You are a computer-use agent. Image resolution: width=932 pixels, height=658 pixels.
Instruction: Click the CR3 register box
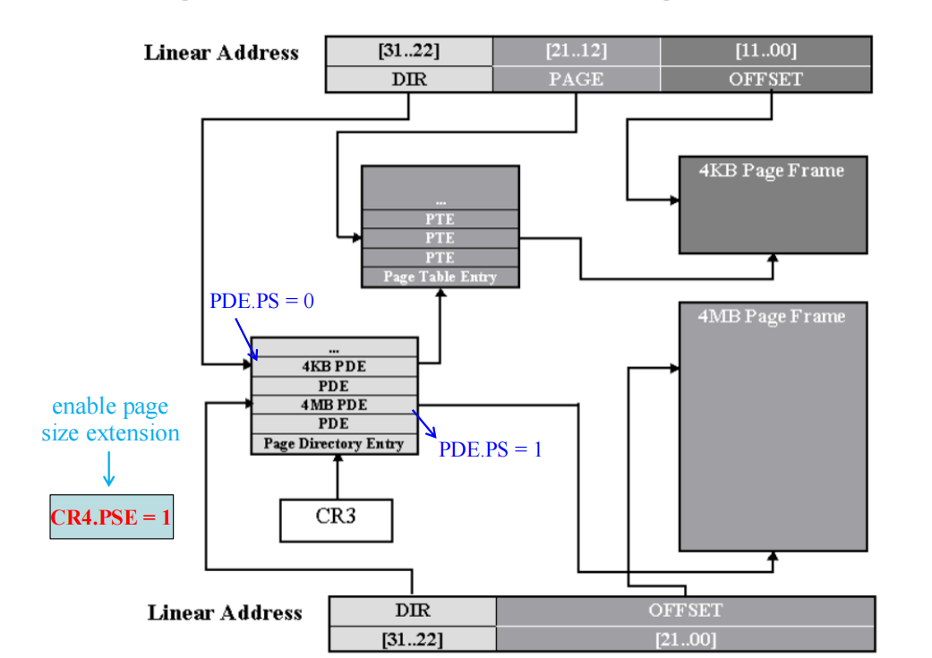click(x=336, y=517)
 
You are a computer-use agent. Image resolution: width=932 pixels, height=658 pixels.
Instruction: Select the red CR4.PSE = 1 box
click(x=111, y=517)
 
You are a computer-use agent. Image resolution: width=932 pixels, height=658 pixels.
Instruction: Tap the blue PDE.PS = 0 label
click(x=262, y=301)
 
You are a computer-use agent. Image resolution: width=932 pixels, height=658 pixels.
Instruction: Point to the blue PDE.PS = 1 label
click(x=490, y=449)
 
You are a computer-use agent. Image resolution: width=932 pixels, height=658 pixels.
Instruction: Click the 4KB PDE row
click(x=334, y=366)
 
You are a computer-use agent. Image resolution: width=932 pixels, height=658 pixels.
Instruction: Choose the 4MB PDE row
click(x=334, y=405)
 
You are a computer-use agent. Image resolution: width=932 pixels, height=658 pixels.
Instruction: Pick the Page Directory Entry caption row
click(x=334, y=443)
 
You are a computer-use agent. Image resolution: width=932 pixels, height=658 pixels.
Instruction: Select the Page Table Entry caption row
click(x=440, y=277)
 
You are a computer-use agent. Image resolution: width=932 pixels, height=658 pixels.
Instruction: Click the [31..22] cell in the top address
click(x=408, y=51)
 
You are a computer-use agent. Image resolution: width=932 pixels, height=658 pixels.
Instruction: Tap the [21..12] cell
click(x=576, y=51)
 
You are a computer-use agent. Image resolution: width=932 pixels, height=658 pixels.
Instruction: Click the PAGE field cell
click(x=576, y=79)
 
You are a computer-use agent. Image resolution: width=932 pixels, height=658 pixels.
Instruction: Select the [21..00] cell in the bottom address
click(x=685, y=639)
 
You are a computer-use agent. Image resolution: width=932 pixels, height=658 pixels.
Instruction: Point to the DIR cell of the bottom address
click(x=413, y=611)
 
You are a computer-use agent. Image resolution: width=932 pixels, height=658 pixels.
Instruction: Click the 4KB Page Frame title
click(x=771, y=170)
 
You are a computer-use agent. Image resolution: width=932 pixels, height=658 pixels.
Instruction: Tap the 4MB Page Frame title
click(x=771, y=317)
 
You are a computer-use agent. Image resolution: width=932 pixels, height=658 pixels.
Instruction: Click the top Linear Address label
click(x=221, y=52)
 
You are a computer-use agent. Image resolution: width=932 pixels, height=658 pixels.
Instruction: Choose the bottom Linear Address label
click(x=225, y=613)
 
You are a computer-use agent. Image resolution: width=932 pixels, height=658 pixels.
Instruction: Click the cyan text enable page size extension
click(x=110, y=420)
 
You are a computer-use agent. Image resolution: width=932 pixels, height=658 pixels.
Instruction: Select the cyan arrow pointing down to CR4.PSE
click(x=108, y=468)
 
